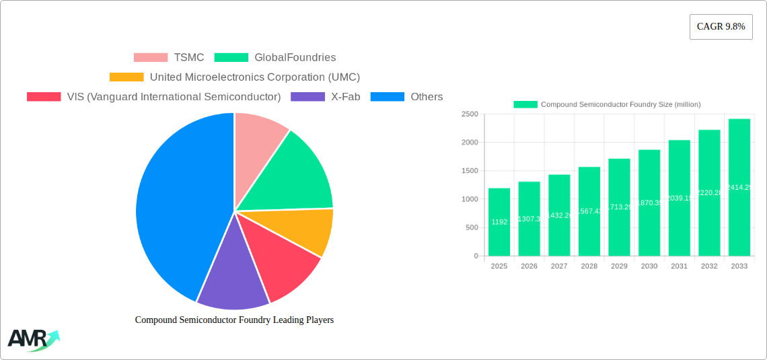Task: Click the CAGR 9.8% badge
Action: coord(721,27)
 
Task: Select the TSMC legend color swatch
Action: coord(151,58)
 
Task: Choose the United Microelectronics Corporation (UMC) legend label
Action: coord(254,77)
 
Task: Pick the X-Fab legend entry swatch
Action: coord(307,97)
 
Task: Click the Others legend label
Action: coord(427,97)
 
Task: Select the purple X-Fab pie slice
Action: coord(232,276)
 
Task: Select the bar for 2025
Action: coord(499,222)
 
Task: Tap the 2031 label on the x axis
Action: coord(679,266)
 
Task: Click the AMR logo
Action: coord(32,339)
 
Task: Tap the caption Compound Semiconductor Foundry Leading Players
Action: coord(234,320)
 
